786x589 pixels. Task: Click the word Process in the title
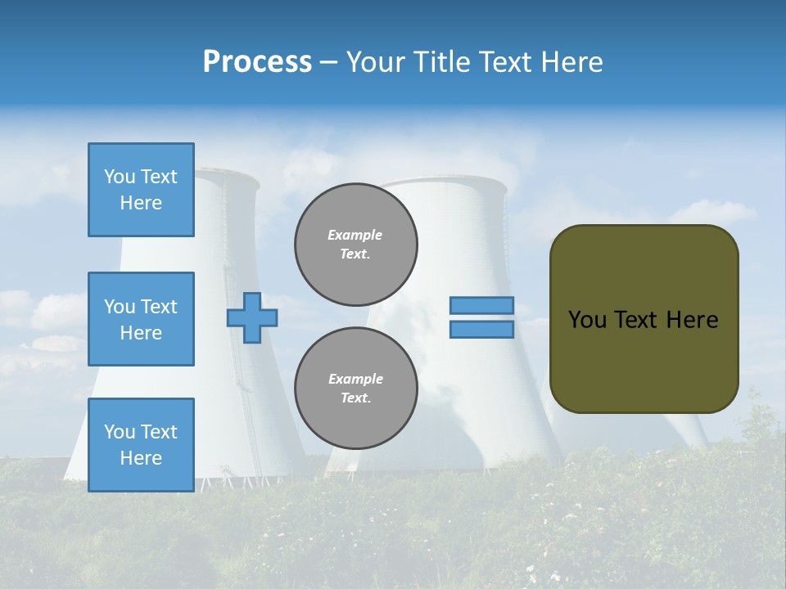point(257,62)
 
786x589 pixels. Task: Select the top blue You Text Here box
point(141,190)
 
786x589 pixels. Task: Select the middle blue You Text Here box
point(141,319)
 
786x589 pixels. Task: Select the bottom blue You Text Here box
point(141,444)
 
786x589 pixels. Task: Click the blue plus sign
point(252,317)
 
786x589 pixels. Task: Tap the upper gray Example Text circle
point(356,244)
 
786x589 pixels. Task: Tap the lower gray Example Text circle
point(356,388)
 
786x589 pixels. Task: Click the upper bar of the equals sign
point(481,305)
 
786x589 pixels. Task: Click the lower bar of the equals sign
point(481,329)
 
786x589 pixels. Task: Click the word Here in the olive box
point(692,320)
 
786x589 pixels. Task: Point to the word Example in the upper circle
point(355,235)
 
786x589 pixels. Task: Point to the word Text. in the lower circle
point(355,398)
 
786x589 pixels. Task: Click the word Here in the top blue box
point(141,203)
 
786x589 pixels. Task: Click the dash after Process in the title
point(328,62)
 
